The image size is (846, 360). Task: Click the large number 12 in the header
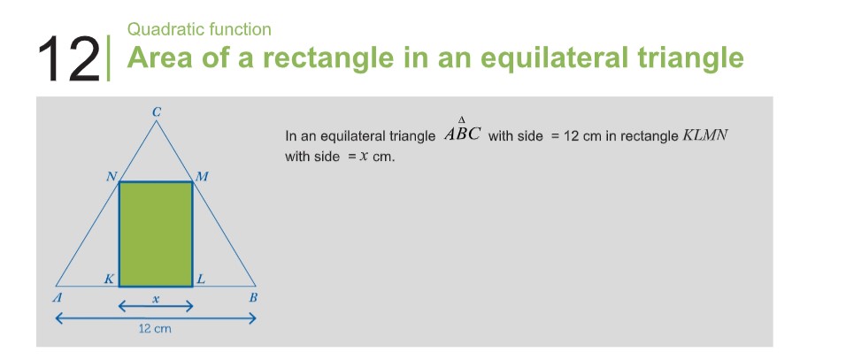pos(68,58)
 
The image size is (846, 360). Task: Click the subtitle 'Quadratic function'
pos(199,29)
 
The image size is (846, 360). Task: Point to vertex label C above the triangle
pos(157,112)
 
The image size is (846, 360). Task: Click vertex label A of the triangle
pos(56,297)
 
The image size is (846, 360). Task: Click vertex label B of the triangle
pos(253,297)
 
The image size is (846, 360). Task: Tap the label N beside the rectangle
pos(112,176)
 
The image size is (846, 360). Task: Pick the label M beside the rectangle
pos(202,176)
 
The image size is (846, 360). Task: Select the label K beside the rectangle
pos(109,280)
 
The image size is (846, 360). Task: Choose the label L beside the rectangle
pos(201,280)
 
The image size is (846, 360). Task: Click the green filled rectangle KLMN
pos(156,234)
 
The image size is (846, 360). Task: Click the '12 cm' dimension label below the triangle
pos(155,328)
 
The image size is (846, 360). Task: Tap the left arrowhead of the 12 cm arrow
pos(59,319)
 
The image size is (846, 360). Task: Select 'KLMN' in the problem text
pos(705,134)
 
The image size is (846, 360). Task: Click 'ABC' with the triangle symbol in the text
pos(463,131)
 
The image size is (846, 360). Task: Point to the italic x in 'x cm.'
pos(365,157)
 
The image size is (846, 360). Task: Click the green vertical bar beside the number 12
pos(109,57)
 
